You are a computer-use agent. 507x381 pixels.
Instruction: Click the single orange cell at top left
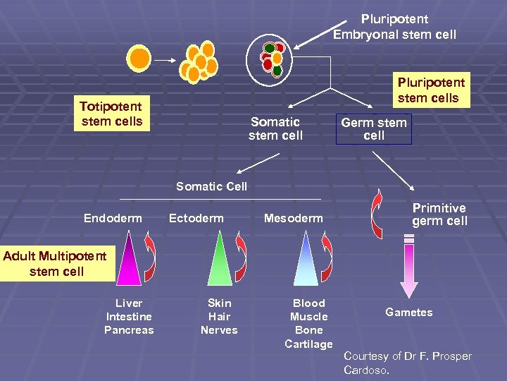pyautogui.click(x=141, y=59)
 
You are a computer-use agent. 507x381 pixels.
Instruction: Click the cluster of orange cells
pyautogui.click(x=199, y=60)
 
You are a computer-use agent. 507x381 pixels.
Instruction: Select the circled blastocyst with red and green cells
pyautogui.click(x=272, y=59)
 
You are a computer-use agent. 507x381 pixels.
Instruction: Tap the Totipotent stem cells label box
pyautogui.click(x=111, y=114)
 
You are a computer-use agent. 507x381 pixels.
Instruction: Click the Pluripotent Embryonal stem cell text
pyautogui.click(x=394, y=27)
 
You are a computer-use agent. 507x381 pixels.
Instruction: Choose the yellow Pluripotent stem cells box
pyautogui.click(x=427, y=90)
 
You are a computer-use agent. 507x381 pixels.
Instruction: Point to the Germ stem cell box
pyautogui.click(x=374, y=129)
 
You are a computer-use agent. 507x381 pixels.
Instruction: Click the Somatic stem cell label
pyautogui.click(x=275, y=128)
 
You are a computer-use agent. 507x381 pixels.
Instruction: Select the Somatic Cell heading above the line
pyautogui.click(x=211, y=186)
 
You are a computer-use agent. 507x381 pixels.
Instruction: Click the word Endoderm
pyautogui.click(x=113, y=219)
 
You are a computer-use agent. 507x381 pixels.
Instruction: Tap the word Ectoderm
pyautogui.click(x=196, y=219)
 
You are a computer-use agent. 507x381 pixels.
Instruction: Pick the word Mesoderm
pyautogui.click(x=293, y=219)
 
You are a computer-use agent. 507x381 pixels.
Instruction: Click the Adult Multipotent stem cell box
pyautogui.click(x=56, y=264)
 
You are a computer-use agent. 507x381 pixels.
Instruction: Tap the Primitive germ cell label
pyautogui.click(x=439, y=214)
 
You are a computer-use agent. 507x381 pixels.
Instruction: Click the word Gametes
pyautogui.click(x=408, y=313)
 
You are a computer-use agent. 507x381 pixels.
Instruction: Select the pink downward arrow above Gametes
pyautogui.click(x=408, y=269)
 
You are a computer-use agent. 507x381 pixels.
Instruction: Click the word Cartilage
pyautogui.click(x=308, y=344)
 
